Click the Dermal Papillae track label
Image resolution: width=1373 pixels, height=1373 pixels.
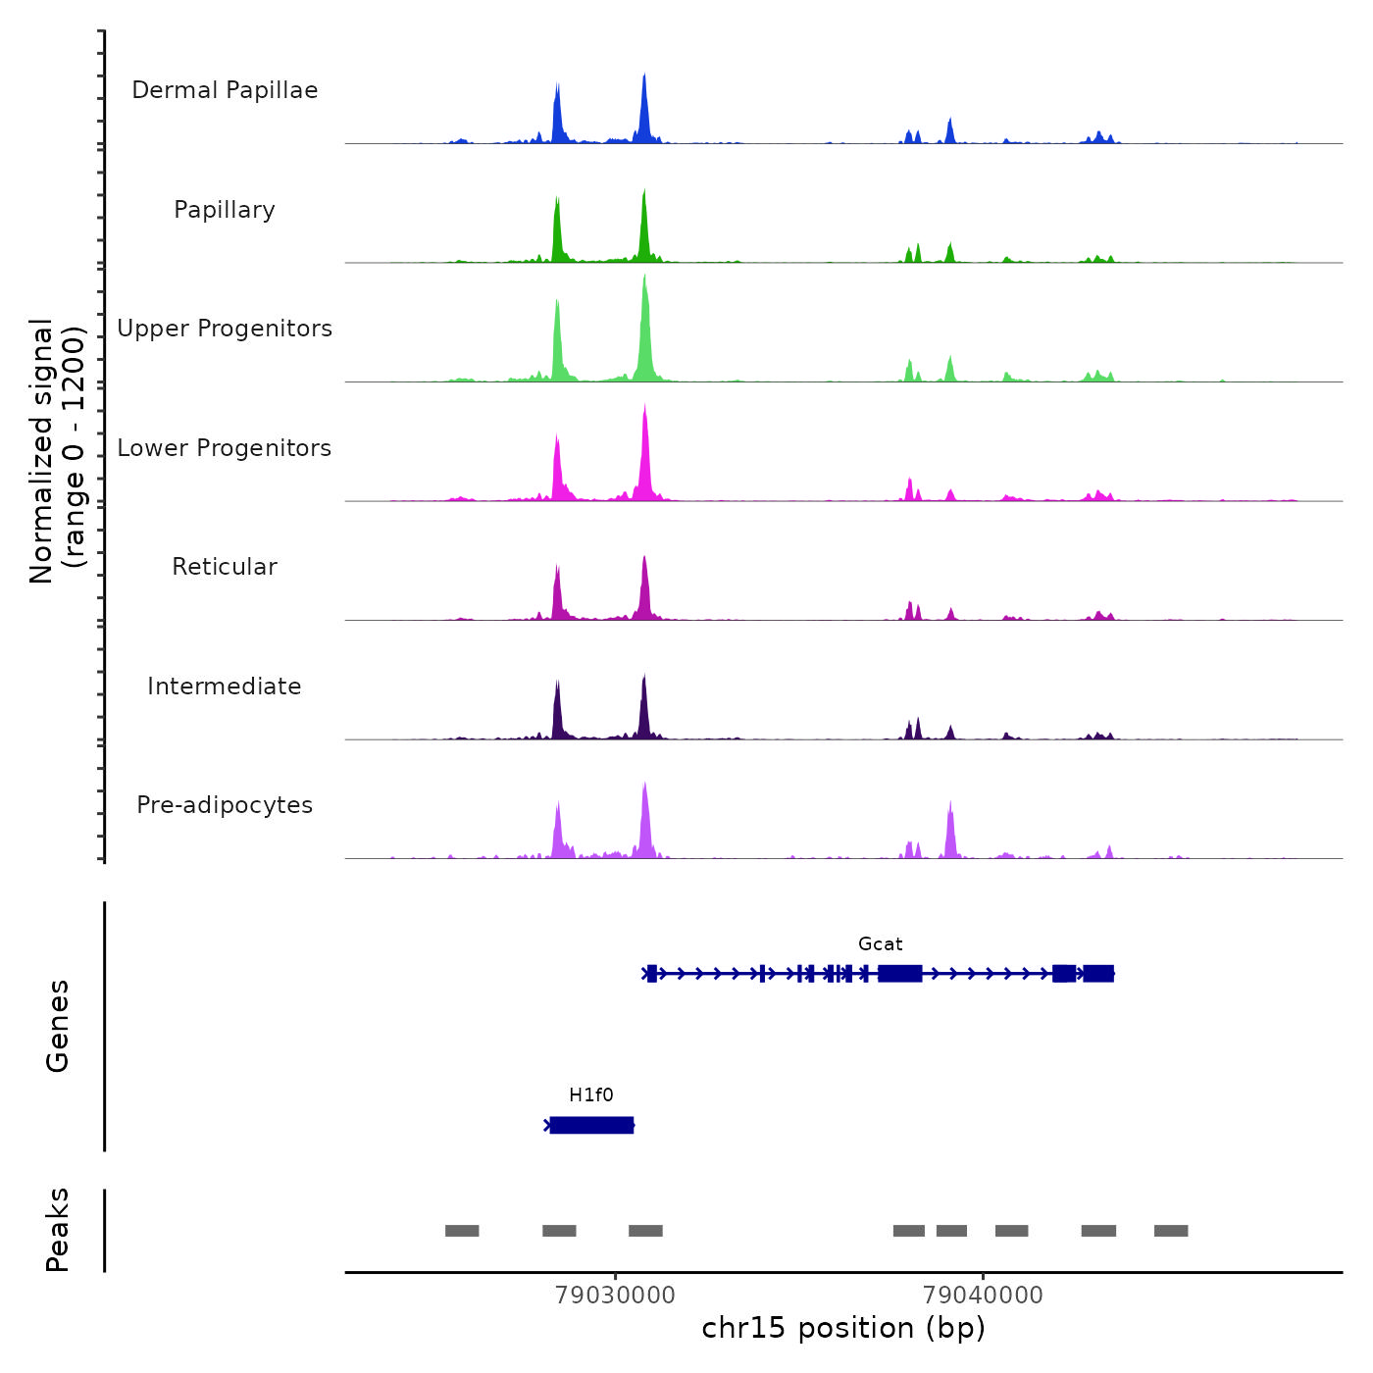pyautogui.click(x=225, y=90)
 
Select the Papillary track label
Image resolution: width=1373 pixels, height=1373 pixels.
pyautogui.click(x=225, y=210)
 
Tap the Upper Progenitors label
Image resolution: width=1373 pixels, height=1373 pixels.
pyautogui.click(x=225, y=329)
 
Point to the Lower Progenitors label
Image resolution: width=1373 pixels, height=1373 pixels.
pyautogui.click(x=225, y=448)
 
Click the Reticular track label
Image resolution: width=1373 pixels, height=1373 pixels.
pyautogui.click(x=225, y=567)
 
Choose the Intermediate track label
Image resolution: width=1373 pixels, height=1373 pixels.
pyautogui.click(x=225, y=686)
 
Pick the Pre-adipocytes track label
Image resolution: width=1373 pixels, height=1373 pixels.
pyautogui.click(x=225, y=805)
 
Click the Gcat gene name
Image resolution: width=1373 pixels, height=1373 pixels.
pyautogui.click(x=880, y=944)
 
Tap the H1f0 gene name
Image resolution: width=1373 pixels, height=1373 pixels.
pyautogui.click(x=590, y=1095)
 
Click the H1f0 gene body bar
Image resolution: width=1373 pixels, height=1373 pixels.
pyautogui.click(x=591, y=1125)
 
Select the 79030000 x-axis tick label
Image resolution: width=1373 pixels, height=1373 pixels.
pyautogui.click(x=615, y=1296)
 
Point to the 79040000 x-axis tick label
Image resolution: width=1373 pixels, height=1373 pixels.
pyautogui.click(x=983, y=1296)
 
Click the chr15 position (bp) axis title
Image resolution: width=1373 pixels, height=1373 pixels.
pyautogui.click(x=843, y=1328)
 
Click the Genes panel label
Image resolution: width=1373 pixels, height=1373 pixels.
pyautogui.click(x=58, y=1026)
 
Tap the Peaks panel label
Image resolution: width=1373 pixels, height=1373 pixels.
pyautogui.click(x=58, y=1230)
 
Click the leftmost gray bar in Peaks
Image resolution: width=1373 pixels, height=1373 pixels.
pyautogui.click(x=462, y=1231)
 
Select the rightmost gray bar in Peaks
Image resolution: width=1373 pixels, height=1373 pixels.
pyautogui.click(x=1171, y=1231)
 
